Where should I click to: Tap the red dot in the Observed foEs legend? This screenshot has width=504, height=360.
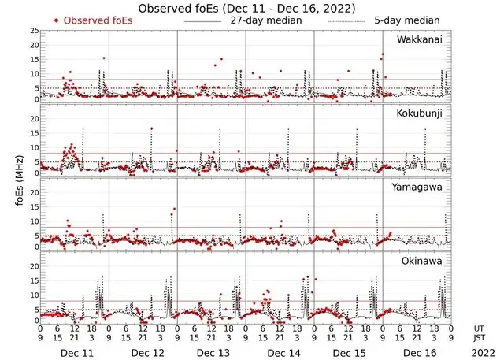57,20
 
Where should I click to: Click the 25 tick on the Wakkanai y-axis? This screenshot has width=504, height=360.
33,30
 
